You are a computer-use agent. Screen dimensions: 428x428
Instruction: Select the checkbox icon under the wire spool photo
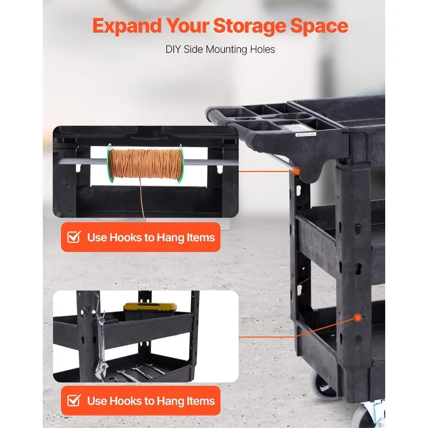(74, 237)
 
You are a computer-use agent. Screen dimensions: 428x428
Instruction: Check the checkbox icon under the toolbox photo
(74, 401)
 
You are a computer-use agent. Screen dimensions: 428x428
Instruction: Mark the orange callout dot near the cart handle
(296, 170)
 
